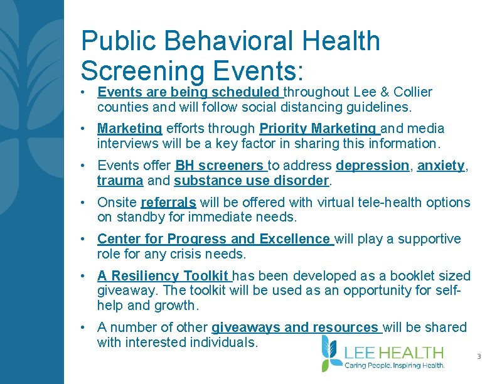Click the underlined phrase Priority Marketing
pyautogui.click(x=319, y=129)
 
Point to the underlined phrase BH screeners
pyautogui.click(x=220, y=166)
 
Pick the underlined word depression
pyautogui.click(x=372, y=166)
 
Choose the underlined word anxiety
pyautogui.click(x=441, y=166)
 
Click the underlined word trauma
pyautogui.click(x=120, y=181)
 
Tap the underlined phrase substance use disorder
pyautogui.click(x=252, y=181)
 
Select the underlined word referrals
pyautogui.click(x=169, y=203)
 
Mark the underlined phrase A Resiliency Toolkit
pyautogui.click(x=164, y=276)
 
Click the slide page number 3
pyautogui.click(x=479, y=357)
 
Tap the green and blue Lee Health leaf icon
pyautogui.click(x=330, y=353)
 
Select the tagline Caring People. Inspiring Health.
pyautogui.click(x=395, y=365)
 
